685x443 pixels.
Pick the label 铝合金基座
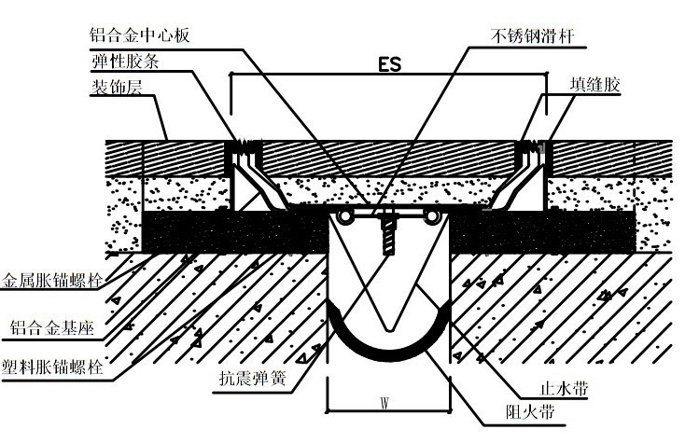tap(53, 327)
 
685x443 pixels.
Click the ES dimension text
tap(389, 65)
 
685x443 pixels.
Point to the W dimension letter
tap(384, 404)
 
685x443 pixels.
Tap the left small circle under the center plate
tap(347, 217)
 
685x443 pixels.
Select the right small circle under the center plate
tap(432, 217)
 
